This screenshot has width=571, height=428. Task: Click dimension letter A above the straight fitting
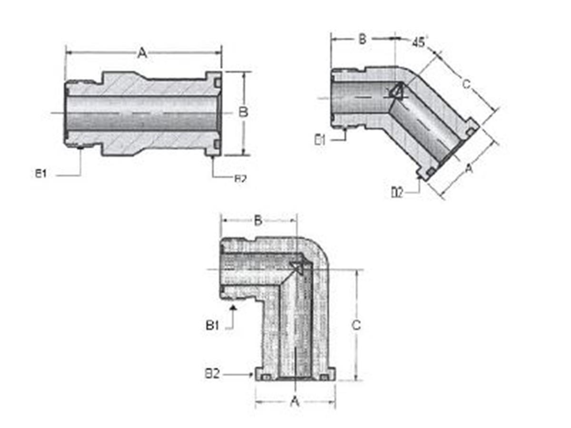(x=142, y=53)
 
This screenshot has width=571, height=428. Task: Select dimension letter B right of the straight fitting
(x=243, y=112)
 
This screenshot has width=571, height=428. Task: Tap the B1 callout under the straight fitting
(x=41, y=174)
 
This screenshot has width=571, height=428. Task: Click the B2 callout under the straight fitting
(x=240, y=179)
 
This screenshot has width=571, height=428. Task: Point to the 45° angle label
(x=419, y=42)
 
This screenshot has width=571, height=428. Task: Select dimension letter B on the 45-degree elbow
(x=362, y=39)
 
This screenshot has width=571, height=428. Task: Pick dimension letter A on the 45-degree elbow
(x=469, y=168)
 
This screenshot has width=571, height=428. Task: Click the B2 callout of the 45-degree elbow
(x=397, y=192)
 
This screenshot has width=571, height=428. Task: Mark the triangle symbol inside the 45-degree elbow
(x=396, y=91)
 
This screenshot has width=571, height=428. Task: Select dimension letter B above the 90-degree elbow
(x=258, y=220)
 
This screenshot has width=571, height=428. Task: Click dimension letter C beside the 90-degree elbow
(x=356, y=325)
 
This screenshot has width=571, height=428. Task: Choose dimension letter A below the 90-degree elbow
(x=295, y=402)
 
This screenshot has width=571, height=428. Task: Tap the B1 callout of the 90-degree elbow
(x=212, y=326)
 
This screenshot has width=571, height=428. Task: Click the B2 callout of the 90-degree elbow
(x=212, y=374)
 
